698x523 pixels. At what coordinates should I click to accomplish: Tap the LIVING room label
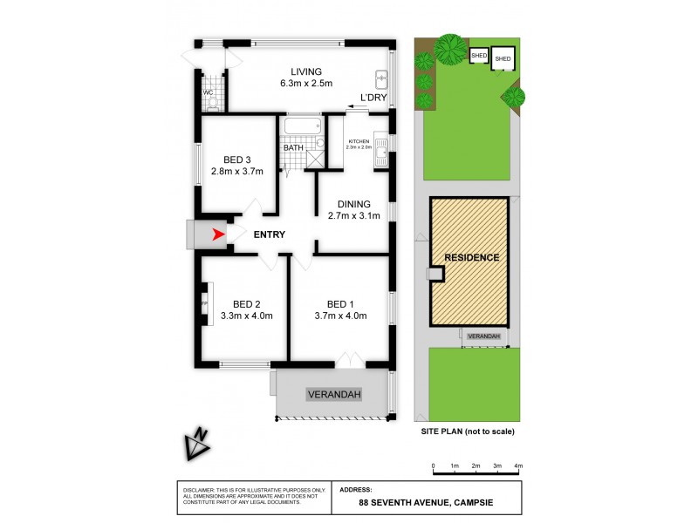coord(301,71)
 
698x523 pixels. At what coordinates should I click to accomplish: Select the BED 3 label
coord(236,160)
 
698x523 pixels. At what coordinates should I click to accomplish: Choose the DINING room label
coord(354,204)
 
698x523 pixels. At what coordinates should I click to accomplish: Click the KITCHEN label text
coord(359,141)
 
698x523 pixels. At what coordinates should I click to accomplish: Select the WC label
coord(208,92)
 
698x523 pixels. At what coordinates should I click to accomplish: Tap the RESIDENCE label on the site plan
coord(471,258)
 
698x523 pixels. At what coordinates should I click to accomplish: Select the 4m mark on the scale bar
coord(518,466)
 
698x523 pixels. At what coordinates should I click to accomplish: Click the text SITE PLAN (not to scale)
coord(469,431)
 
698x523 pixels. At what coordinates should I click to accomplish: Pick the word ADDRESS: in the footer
coord(354,490)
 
